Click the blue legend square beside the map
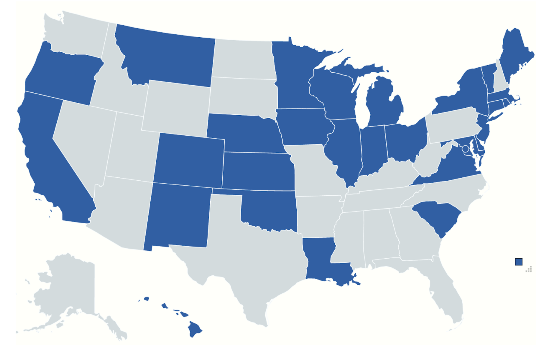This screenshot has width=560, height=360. (x=518, y=262)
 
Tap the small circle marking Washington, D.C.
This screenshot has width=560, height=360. (x=465, y=149)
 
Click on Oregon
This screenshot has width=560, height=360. (x=62, y=75)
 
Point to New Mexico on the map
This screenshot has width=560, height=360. (x=177, y=216)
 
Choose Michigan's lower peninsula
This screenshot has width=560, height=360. (x=384, y=104)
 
